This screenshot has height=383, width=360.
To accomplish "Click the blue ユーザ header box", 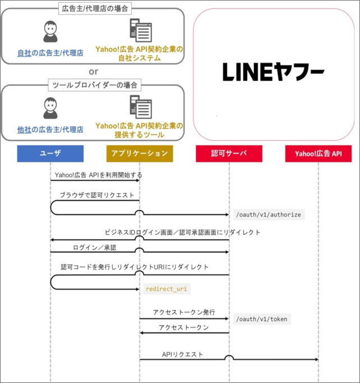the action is (x=50, y=154).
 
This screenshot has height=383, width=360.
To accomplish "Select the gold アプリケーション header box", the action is (x=140, y=154).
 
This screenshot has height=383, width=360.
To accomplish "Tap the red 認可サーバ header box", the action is (x=229, y=154).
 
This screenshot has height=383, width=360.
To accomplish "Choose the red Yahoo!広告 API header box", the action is (x=319, y=154).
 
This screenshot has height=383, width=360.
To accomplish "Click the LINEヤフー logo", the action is (x=273, y=72).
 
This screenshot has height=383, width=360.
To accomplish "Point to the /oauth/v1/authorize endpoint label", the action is (x=269, y=215).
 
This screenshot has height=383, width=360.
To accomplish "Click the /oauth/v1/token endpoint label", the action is (x=262, y=319).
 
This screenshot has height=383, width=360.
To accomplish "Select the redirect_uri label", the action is (x=167, y=289).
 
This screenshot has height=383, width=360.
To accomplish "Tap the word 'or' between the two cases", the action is (x=94, y=72).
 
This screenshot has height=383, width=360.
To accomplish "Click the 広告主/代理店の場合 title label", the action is (x=95, y=9).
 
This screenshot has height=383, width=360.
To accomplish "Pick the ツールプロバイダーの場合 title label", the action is (x=95, y=85).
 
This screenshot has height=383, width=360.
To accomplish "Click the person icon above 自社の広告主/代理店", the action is (x=50, y=31).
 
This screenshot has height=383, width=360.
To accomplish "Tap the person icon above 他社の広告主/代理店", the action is (x=50, y=108).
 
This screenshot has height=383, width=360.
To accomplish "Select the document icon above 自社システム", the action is (x=141, y=30).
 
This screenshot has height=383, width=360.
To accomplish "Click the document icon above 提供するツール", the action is (x=141, y=107).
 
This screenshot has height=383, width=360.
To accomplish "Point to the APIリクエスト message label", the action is (x=182, y=354).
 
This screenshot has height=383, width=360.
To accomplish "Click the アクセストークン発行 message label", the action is (x=184, y=312).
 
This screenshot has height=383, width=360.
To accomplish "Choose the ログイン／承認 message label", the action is (x=95, y=248).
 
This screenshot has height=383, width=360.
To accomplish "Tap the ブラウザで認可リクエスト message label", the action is (x=97, y=195).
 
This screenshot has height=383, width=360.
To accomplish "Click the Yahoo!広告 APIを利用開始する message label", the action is (x=99, y=175).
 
